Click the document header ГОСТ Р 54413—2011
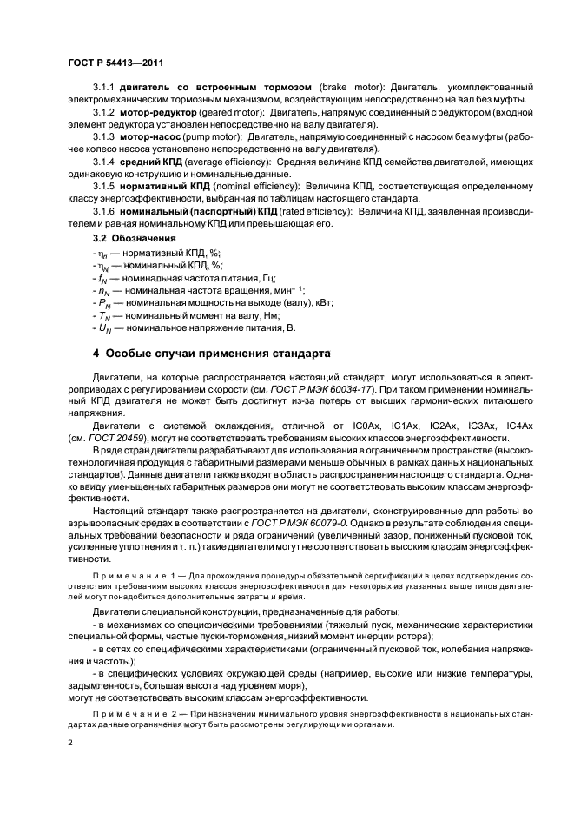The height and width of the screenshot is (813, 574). [x=115, y=63]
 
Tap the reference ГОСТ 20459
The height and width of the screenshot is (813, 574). [x=126, y=440]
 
